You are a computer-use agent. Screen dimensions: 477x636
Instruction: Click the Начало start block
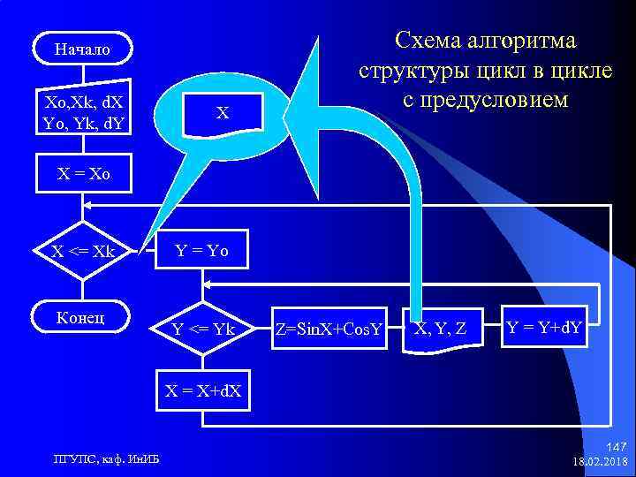pos(83,49)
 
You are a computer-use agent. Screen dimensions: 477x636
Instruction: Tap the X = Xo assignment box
pos(83,175)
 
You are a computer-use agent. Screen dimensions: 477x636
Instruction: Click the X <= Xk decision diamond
pos(83,251)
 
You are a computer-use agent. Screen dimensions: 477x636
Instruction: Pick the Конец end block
pos(83,316)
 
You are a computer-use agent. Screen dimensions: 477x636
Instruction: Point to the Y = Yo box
pos(202,251)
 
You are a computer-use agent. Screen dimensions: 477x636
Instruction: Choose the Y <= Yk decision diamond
pos(203,330)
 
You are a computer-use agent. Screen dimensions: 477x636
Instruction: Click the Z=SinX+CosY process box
pos(328,330)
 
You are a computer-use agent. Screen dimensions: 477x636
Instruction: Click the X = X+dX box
pos(203,390)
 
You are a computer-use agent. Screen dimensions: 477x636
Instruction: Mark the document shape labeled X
pos(223,113)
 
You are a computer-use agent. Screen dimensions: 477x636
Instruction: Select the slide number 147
pos(616,448)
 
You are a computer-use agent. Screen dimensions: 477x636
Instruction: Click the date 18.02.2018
pos(600,462)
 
